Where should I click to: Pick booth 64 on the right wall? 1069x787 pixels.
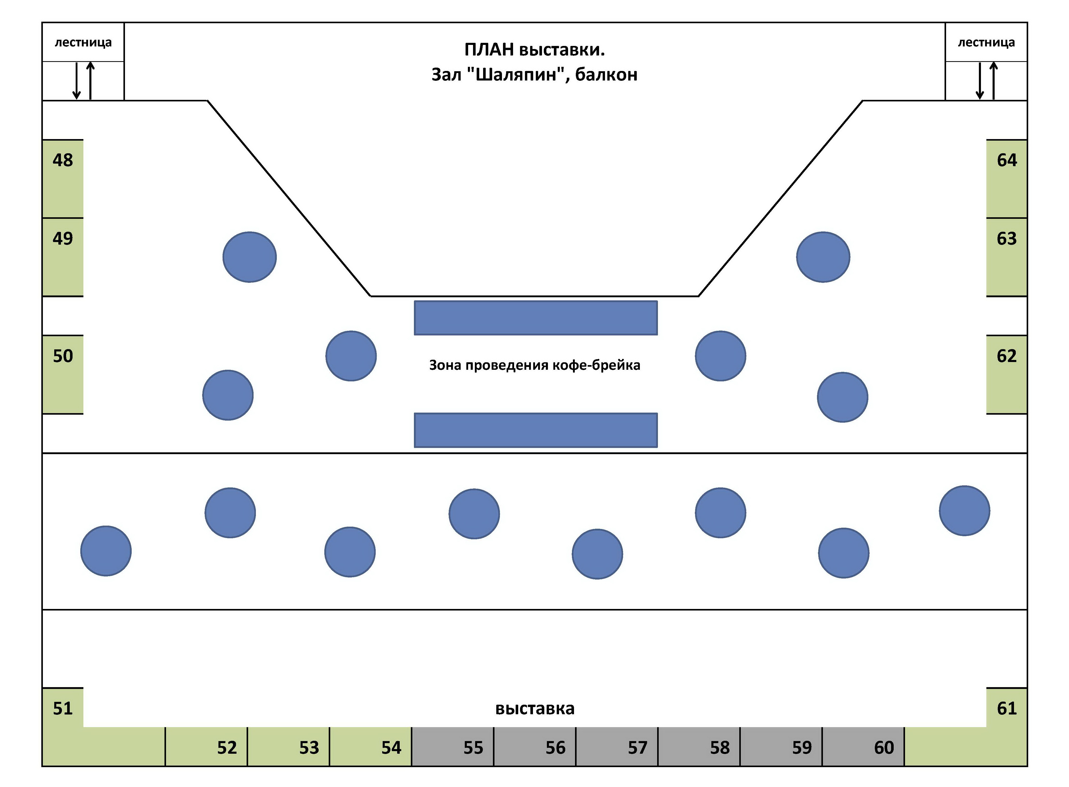pos(1006,179)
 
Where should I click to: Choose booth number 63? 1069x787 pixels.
pos(1006,257)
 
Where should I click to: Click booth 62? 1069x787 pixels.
pos(1006,374)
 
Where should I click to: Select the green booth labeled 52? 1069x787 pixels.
pos(206,746)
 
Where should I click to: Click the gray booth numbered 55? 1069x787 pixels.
pos(452,746)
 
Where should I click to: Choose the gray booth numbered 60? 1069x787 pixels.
pos(863,746)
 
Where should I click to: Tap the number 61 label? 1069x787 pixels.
pos(1006,708)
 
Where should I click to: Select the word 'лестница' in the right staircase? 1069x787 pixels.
pos(986,42)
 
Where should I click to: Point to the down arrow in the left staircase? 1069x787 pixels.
pos(76,81)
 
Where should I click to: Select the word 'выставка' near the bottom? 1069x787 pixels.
pos(535,708)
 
